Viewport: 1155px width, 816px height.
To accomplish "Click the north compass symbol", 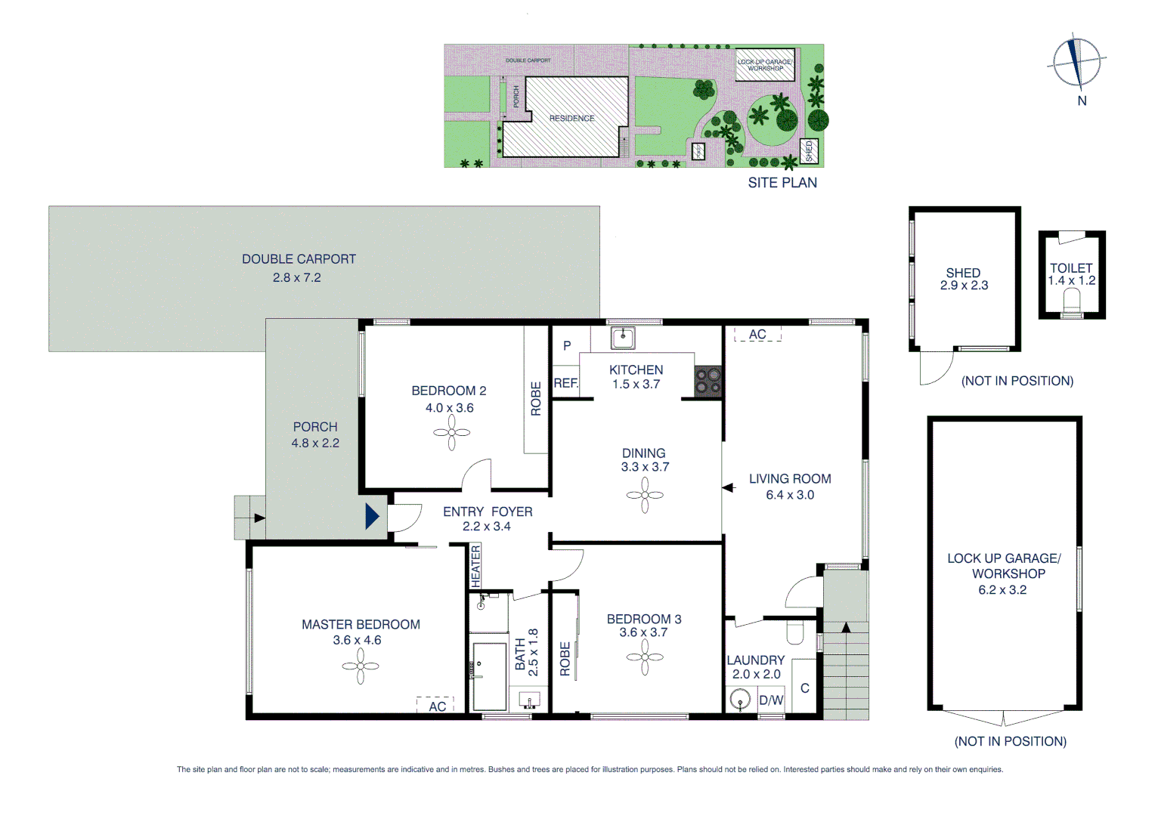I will [x=1076, y=62].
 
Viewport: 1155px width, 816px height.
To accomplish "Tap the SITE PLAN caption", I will [x=782, y=183].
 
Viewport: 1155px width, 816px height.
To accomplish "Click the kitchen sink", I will [x=623, y=338].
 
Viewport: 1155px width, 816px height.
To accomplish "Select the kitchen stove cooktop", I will [x=708, y=381].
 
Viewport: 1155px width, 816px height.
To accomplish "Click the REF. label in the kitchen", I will [x=565, y=383].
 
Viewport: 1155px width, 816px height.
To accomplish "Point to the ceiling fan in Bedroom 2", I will [x=451, y=433].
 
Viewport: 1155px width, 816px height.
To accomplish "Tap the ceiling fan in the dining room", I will [x=645, y=496].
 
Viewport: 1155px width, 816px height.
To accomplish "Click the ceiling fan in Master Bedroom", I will [x=360, y=666].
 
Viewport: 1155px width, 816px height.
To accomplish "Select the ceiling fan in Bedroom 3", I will [x=645, y=657].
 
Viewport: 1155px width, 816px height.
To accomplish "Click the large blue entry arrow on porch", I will [x=372, y=516].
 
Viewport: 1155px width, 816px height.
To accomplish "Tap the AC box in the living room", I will [x=757, y=334].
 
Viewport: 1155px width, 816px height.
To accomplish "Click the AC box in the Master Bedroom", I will [x=436, y=706].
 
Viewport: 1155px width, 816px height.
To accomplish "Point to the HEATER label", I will [x=475, y=566].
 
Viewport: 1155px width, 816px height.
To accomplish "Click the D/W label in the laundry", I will [x=771, y=700].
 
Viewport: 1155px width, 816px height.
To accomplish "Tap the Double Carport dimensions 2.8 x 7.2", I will [x=296, y=278].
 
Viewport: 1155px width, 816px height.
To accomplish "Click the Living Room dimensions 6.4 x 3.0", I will [x=790, y=495].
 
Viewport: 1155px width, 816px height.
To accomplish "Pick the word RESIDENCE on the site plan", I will [x=571, y=119].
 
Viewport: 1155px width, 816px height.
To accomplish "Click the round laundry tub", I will [x=739, y=699].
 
